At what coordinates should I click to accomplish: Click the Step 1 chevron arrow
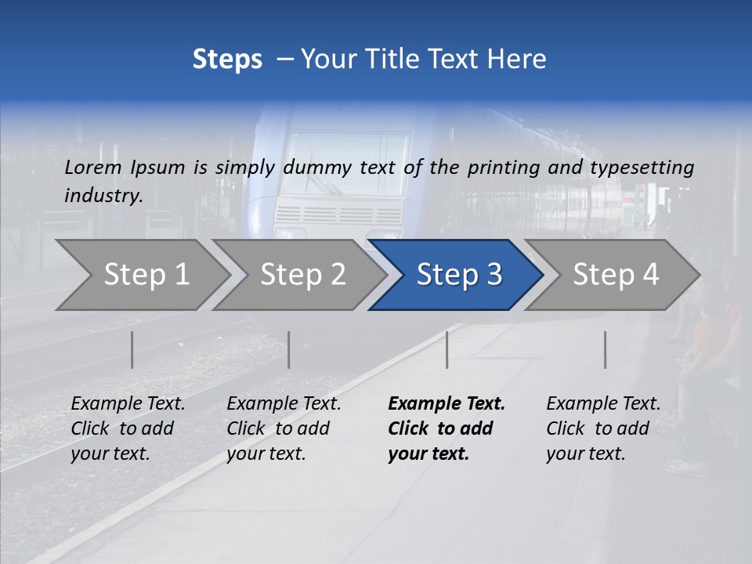[145, 275]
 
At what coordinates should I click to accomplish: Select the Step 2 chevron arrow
[302, 275]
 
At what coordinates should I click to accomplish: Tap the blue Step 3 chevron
[458, 275]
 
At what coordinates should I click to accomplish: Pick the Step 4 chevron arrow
[615, 275]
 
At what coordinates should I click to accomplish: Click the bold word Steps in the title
[227, 60]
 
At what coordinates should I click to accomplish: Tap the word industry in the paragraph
[103, 195]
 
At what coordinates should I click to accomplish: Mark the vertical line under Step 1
[132, 349]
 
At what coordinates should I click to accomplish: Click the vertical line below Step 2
[289, 349]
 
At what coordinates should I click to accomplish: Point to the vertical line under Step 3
[446, 349]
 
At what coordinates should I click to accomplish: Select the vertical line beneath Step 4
[605, 349]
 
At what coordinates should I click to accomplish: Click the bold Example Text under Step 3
[446, 404]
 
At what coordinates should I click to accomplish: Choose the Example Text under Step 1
[128, 404]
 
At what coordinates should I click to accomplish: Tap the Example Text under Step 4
[603, 404]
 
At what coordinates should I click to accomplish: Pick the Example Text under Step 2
[284, 404]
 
